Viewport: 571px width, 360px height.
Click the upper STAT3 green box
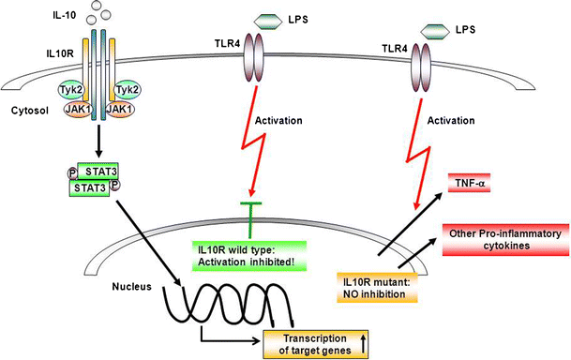[97, 172]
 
